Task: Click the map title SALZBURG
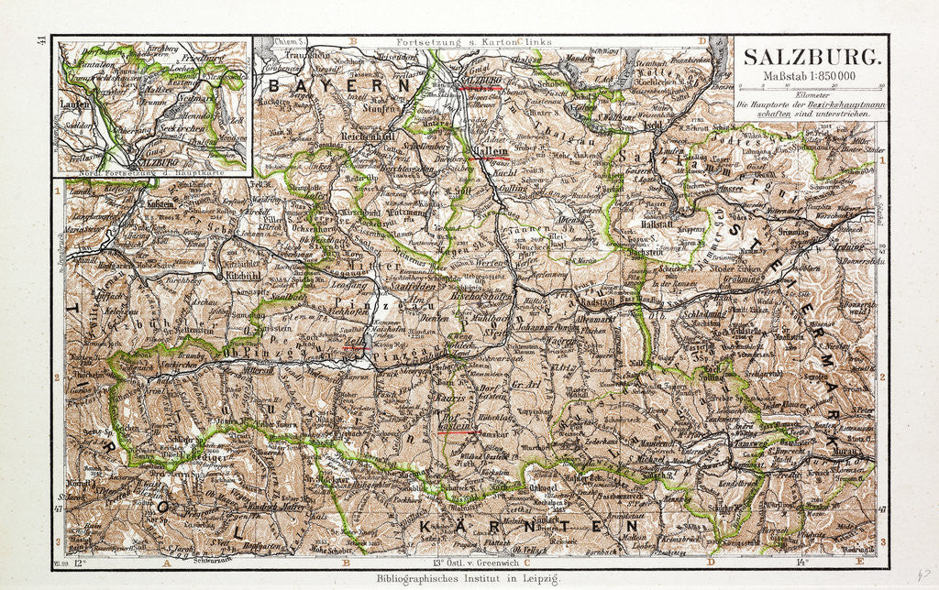tap(809, 55)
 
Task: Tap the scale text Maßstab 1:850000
tap(809, 74)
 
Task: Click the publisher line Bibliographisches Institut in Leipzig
tap(468, 579)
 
